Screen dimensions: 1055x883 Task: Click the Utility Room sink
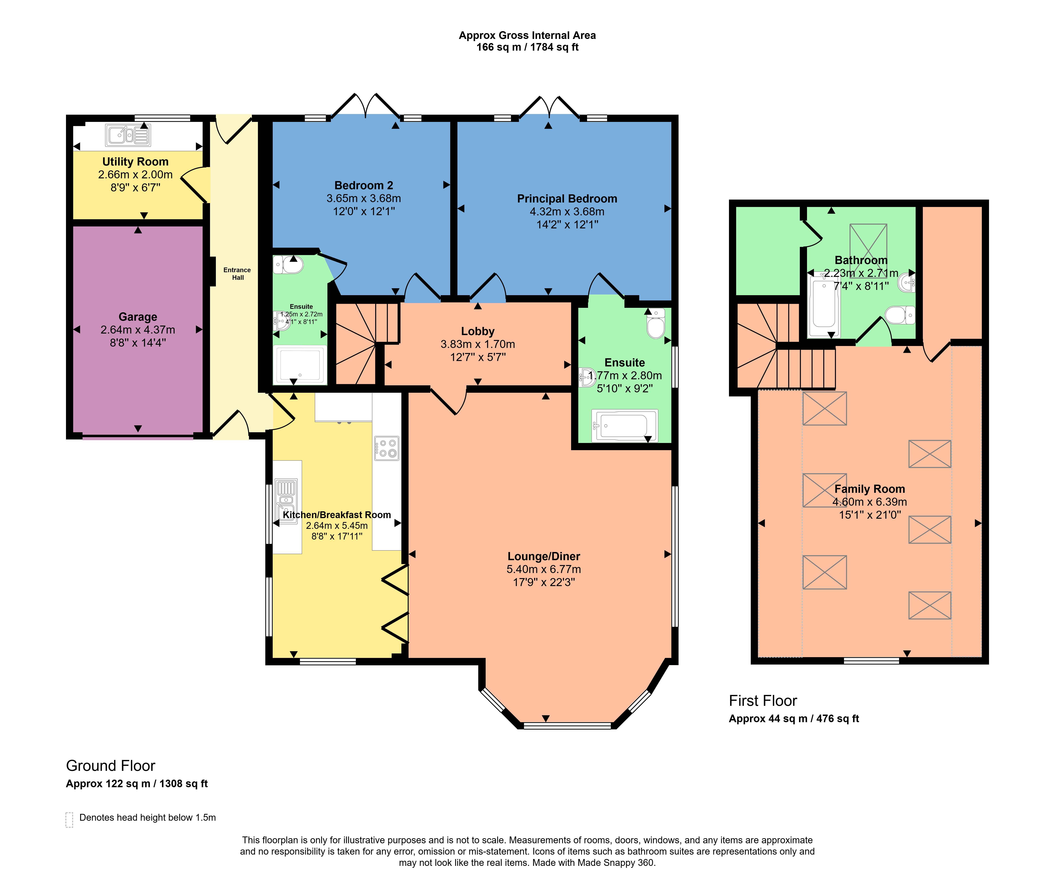tap(128, 135)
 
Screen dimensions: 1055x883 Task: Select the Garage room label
tap(138, 317)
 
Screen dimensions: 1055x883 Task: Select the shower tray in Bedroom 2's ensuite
tap(300, 364)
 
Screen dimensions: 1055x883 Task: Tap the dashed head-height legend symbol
tap(69, 820)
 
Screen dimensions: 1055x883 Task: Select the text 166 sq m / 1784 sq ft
tap(527, 47)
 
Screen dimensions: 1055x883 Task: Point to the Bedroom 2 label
tap(364, 185)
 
